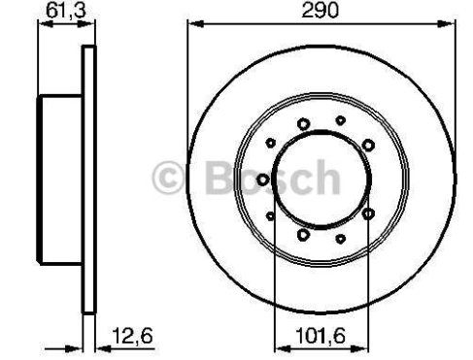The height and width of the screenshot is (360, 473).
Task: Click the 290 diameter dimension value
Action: coord(320,11)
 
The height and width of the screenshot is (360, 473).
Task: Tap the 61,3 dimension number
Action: coord(66,11)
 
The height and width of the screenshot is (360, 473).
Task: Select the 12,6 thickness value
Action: coord(132,336)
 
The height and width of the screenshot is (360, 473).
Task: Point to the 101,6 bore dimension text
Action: coord(321,336)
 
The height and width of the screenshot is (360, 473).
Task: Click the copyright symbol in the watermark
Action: coord(169,178)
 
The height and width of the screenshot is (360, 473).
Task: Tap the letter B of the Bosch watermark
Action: coord(220,178)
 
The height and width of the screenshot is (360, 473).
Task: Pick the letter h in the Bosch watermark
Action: coord(327,177)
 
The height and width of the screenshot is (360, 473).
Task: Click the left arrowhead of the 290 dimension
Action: coord(195,23)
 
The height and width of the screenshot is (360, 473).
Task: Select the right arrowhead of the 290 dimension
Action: coord(447,23)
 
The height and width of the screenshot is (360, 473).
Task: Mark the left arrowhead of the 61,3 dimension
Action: coord(46,23)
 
